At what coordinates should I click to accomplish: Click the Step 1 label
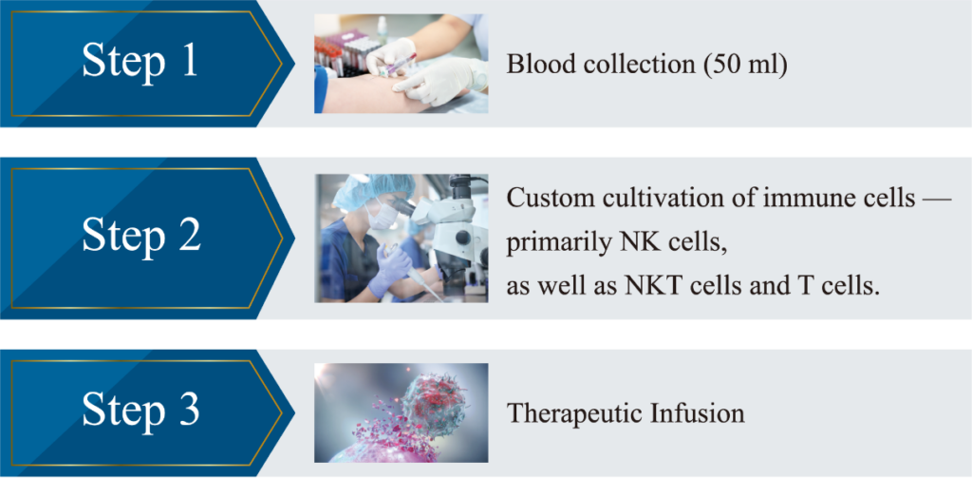pos(140,61)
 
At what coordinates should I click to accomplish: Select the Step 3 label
pos(140,410)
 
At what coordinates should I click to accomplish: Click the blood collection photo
pos(402,64)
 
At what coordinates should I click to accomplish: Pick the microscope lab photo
pos(402,239)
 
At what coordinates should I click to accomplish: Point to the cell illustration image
pos(402,412)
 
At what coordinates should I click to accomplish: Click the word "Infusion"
pos(691,412)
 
